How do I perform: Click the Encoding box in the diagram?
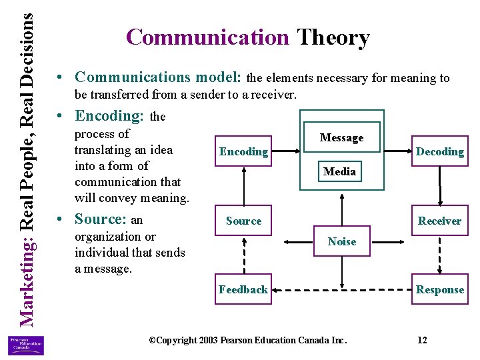[x=243, y=151]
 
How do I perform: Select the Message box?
[x=341, y=138]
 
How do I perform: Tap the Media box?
[x=339, y=171]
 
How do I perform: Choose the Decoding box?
[x=439, y=151]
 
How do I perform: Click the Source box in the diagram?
[x=243, y=221]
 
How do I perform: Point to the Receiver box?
[x=439, y=221]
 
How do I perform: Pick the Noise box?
[x=341, y=241]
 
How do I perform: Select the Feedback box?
[x=243, y=289]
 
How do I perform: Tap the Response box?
[x=439, y=289]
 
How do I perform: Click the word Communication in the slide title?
[x=207, y=37]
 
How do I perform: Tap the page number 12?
[x=422, y=340]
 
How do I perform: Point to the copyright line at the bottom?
[x=248, y=340]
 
